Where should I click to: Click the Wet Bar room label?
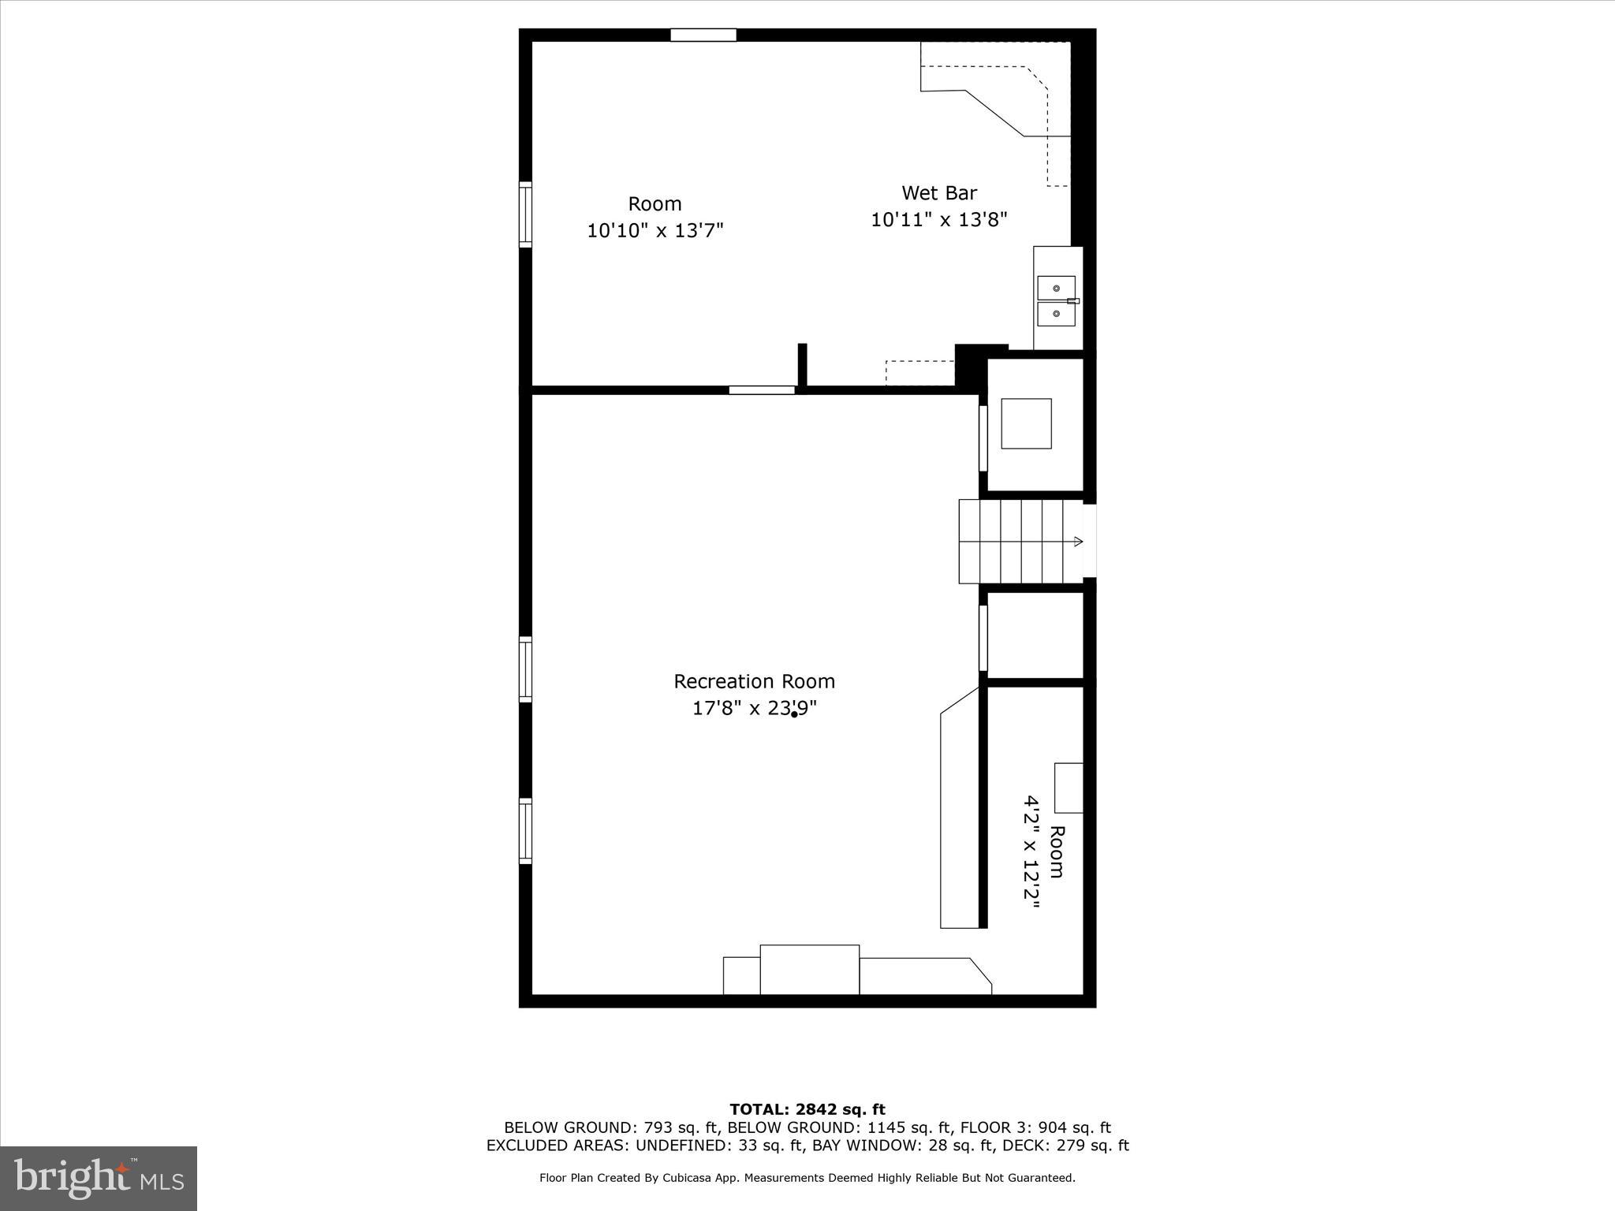click(x=939, y=193)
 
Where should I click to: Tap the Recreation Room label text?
click(x=754, y=681)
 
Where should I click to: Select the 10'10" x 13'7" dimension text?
click(x=655, y=231)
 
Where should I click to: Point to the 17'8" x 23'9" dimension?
click(x=754, y=709)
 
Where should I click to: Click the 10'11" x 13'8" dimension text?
click(x=938, y=220)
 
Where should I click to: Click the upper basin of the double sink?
click(x=1056, y=289)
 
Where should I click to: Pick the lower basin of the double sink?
click(x=1056, y=314)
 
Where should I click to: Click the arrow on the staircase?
click(x=1077, y=542)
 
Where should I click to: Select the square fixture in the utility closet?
click(x=1026, y=423)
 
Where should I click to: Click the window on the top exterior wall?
click(x=703, y=35)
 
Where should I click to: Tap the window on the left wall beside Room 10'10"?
click(x=525, y=214)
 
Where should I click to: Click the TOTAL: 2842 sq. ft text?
click(x=807, y=1110)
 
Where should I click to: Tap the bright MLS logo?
click(x=99, y=1178)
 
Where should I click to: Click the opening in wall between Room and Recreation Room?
click(x=762, y=389)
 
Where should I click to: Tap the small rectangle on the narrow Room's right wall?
click(x=1069, y=788)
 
